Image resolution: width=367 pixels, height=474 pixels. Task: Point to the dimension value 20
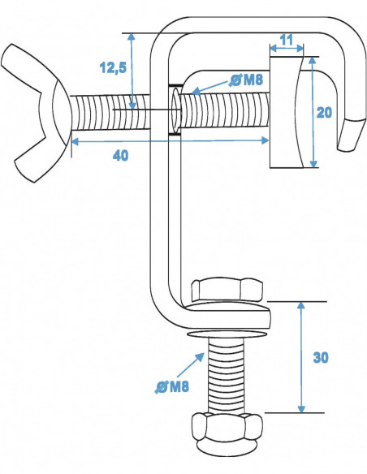(x=324, y=114)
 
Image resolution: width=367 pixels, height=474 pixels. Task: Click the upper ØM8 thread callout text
(x=246, y=79)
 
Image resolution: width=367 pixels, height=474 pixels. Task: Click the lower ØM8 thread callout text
(x=171, y=386)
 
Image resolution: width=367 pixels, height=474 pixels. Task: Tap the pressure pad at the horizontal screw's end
(x=286, y=112)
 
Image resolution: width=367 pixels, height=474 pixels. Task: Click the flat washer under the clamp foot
(x=227, y=332)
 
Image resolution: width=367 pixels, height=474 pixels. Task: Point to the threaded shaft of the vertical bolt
(x=227, y=373)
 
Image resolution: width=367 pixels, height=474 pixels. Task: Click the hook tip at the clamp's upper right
(x=352, y=135)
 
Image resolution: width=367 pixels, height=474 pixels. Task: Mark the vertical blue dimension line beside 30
(x=301, y=357)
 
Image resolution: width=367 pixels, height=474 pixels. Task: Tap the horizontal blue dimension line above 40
(x=171, y=140)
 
